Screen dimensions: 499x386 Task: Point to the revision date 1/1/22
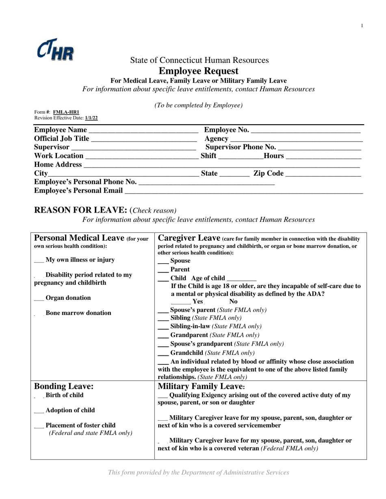(91, 118)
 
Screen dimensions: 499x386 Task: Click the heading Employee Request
(198, 71)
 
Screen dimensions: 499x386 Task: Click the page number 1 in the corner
(362, 26)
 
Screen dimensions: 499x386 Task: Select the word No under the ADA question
(234, 301)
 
